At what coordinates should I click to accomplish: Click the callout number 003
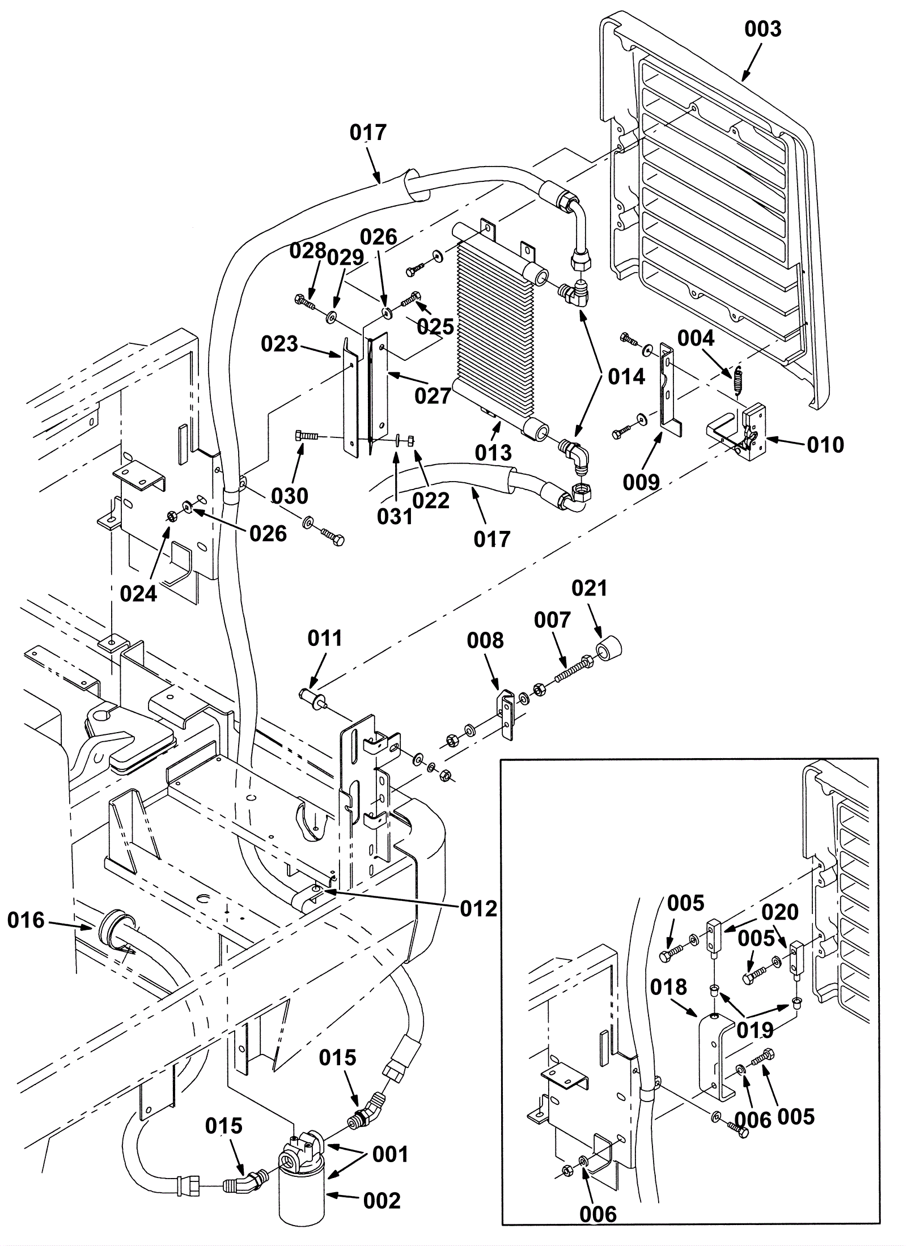pos(762,29)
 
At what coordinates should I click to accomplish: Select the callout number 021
pos(589,589)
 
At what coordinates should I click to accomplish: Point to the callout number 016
pos(26,921)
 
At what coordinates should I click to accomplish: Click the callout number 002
pos(382,1201)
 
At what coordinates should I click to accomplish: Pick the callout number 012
pos(479,909)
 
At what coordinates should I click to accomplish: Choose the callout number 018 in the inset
pos(669,987)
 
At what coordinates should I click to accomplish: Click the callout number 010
pos(825,445)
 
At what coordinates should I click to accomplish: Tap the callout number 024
pos(138,594)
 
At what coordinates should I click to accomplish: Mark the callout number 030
pos(289,496)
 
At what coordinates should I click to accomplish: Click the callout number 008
pos(485,640)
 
